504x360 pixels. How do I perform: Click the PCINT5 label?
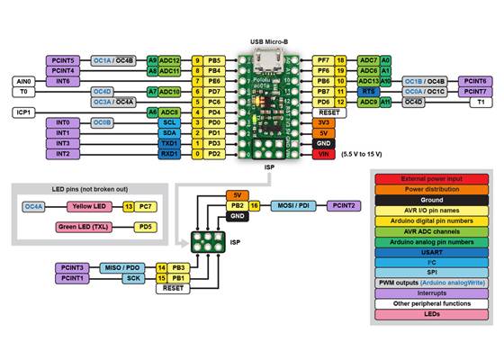64,60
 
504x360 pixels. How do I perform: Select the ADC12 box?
170,60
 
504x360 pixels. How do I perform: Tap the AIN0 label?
24,81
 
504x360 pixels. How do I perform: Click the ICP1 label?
24,112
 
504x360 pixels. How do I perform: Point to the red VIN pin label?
324,154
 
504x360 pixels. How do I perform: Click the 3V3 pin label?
324,122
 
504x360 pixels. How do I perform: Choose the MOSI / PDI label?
294,206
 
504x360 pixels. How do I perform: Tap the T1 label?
480,103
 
